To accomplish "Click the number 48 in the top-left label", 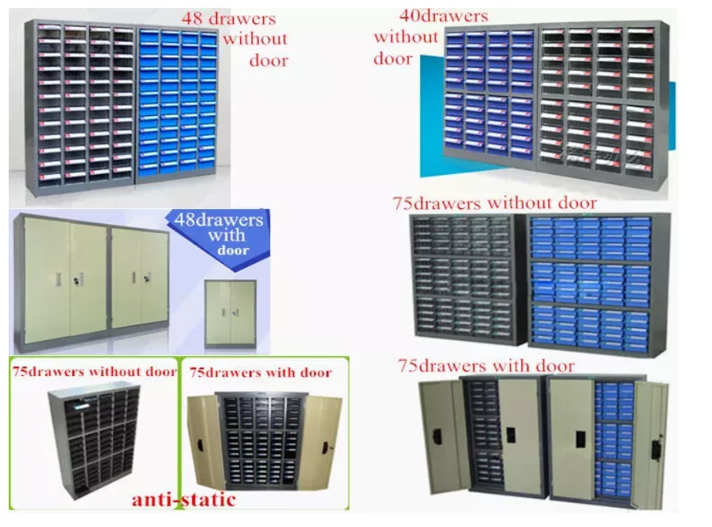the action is pyautogui.click(x=192, y=17).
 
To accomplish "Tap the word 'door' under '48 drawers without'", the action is pyautogui.click(x=268, y=60).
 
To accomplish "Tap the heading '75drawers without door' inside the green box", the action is pyautogui.click(x=94, y=372).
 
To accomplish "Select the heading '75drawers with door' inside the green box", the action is pyautogui.click(x=260, y=372).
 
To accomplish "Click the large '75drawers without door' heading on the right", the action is pyautogui.click(x=494, y=203).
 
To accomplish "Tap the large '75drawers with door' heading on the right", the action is pyautogui.click(x=486, y=366).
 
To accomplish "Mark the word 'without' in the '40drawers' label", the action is pyautogui.click(x=406, y=37).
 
